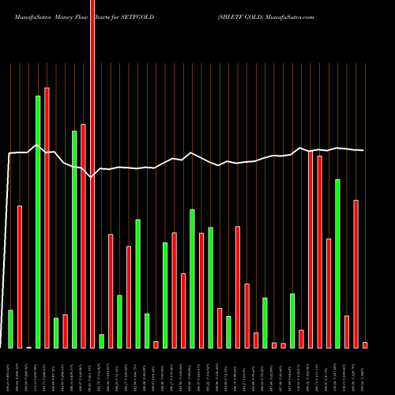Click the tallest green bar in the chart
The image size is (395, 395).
(x=38, y=221)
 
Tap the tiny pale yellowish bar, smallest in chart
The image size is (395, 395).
(x=28, y=347)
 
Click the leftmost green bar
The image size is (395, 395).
(x=10, y=329)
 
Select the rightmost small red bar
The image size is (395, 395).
(x=365, y=344)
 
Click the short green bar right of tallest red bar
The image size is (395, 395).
(x=101, y=340)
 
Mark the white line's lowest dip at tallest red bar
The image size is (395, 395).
(x=92, y=178)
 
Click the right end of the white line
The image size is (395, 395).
(x=363, y=150)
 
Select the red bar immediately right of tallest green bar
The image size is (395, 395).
(x=47, y=217)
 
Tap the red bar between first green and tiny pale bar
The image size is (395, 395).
(x=20, y=276)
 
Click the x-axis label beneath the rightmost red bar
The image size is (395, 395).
(x=365, y=371)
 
